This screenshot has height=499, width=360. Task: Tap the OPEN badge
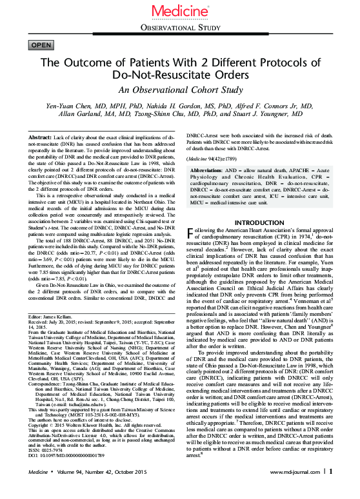[x=42, y=44]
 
